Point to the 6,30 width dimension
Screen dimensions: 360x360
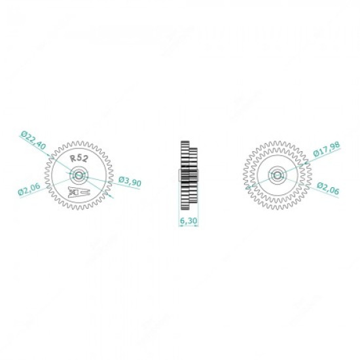(188, 221)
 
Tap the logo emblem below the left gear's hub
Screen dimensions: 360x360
(78, 193)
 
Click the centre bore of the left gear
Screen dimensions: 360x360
(79, 175)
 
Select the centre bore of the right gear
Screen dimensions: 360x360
(277, 175)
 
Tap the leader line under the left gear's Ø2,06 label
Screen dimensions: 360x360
(39, 189)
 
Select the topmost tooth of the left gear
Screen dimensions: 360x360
(79, 140)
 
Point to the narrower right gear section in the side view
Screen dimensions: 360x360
(193, 174)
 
